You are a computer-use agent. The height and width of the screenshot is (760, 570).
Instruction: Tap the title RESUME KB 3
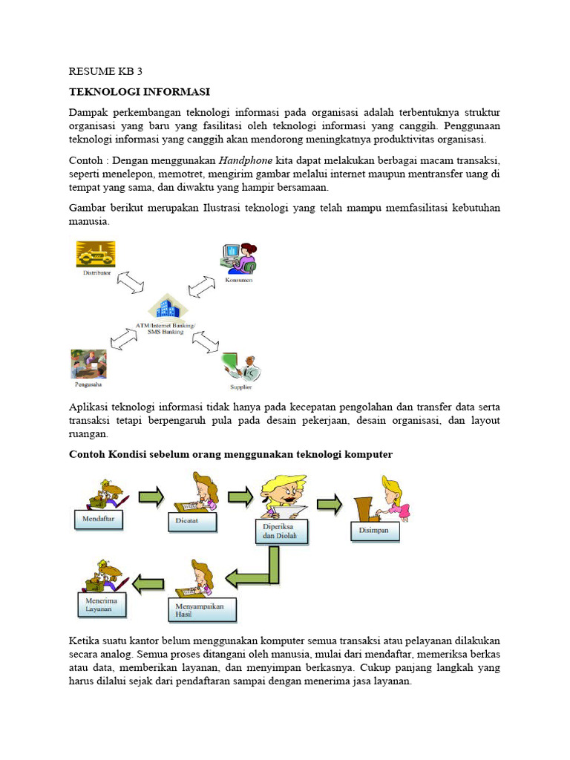point(105,72)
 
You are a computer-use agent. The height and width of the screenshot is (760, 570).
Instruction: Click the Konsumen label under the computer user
point(238,281)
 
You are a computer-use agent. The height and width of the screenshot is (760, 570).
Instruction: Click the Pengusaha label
point(88,385)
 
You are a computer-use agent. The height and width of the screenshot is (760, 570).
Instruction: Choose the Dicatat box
point(192,522)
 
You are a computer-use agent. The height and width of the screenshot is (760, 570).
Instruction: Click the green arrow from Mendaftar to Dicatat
point(151,497)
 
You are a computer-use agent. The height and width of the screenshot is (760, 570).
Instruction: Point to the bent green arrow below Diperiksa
point(256,570)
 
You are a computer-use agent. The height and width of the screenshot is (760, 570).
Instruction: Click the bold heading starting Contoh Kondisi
point(230,454)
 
